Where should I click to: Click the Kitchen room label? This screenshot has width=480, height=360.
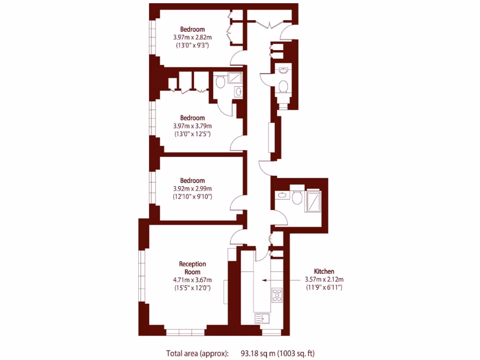(324, 271)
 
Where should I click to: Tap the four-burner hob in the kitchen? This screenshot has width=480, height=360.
(277, 294)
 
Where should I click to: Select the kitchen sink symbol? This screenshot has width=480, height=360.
(261, 319)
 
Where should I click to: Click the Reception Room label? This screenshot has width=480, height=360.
(192, 268)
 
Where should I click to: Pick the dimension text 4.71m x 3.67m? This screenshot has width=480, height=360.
(192, 280)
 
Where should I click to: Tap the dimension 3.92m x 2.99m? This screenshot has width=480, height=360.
(192, 188)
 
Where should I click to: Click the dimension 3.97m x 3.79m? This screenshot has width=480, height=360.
(192, 126)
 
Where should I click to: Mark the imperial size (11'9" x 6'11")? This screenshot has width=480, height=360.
(324, 287)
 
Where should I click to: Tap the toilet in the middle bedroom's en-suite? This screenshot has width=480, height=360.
(220, 83)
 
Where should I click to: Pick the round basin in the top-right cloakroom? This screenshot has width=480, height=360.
(283, 71)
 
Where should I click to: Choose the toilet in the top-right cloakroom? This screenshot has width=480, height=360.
(283, 87)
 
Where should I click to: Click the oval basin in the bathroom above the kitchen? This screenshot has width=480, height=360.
(282, 195)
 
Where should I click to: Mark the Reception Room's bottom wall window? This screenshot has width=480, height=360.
(185, 332)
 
